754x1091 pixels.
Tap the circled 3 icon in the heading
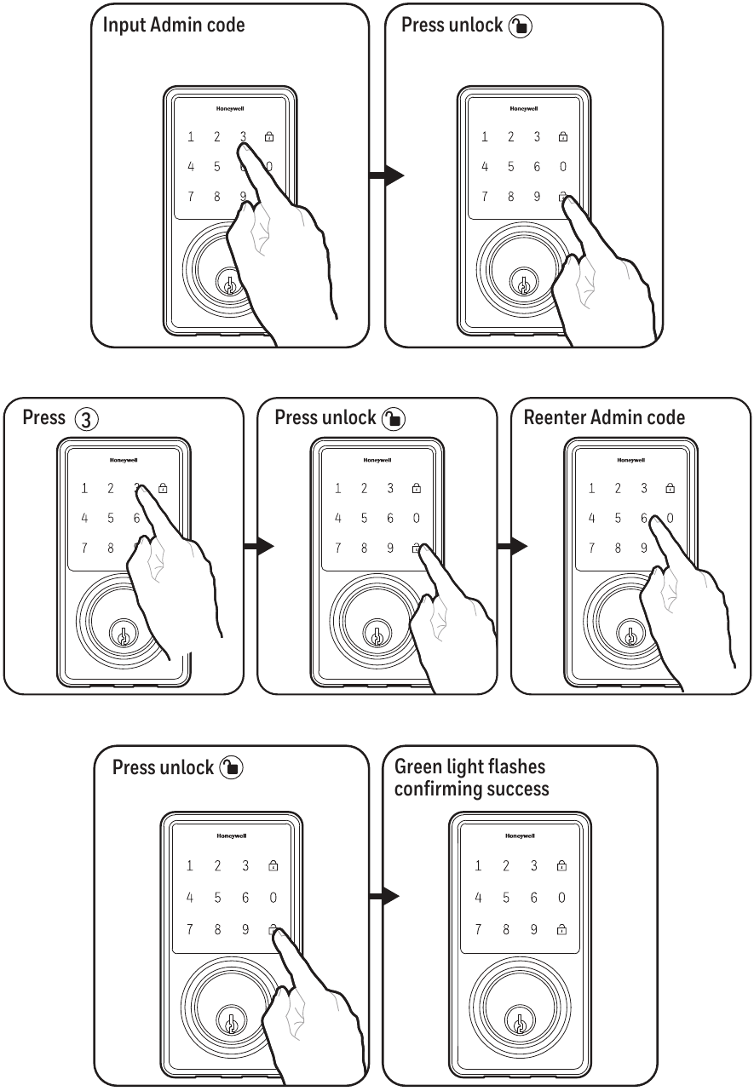(86, 418)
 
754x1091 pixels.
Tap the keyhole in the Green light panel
(518, 1020)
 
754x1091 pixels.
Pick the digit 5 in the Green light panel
(506, 897)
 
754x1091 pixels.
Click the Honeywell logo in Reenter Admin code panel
(630, 460)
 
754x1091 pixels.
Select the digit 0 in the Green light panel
(561, 897)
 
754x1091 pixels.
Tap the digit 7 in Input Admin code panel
(191, 197)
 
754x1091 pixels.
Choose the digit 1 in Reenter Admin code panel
(591, 489)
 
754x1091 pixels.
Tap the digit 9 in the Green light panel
(534, 929)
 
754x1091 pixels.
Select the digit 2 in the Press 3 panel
(110, 489)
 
